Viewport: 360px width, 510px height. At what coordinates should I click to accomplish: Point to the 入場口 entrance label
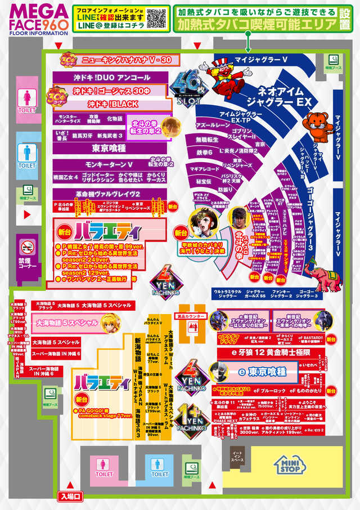point(70,496)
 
